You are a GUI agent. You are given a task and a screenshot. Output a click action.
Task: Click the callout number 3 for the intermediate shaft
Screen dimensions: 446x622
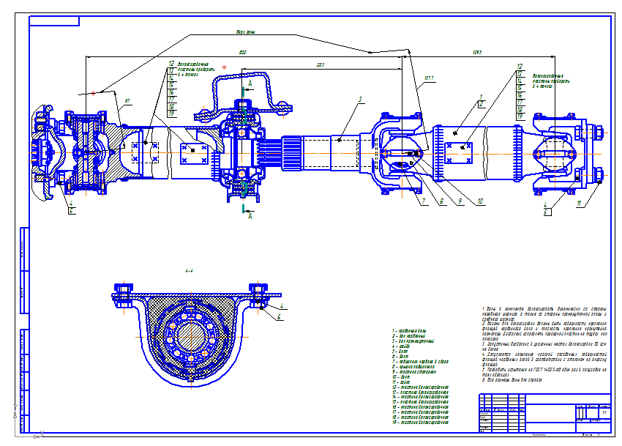click(360, 99)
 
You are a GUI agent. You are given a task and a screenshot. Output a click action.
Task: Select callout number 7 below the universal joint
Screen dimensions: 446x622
click(422, 201)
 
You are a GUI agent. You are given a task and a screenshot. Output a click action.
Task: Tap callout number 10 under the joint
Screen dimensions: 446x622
click(480, 201)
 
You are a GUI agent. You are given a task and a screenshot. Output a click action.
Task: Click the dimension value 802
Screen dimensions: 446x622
click(242, 51)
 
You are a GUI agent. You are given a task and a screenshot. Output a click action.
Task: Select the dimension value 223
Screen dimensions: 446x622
click(320, 65)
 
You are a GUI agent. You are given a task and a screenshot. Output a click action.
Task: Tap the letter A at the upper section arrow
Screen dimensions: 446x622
click(250, 85)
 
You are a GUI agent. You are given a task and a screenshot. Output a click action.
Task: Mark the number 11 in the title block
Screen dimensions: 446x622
click(604, 413)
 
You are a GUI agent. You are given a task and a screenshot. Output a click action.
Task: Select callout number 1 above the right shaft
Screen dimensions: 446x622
click(481, 97)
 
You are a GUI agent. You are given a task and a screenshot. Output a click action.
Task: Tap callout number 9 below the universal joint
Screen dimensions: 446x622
click(461, 201)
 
